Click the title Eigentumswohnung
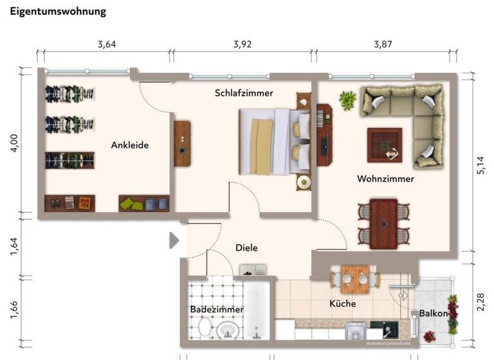(x=58, y=12)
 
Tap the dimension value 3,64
(x=107, y=44)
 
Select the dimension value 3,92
(x=242, y=44)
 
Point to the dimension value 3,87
(x=383, y=44)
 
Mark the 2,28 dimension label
(x=480, y=303)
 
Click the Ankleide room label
(x=129, y=145)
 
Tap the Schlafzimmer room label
(x=244, y=93)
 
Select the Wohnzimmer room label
(x=385, y=179)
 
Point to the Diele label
(x=246, y=248)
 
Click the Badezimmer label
(x=217, y=309)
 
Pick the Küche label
(x=342, y=303)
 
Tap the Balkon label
(x=433, y=313)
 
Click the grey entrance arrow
(x=174, y=240)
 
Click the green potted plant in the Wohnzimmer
(x=348, y=100)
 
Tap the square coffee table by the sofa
(x=385, y=145)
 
